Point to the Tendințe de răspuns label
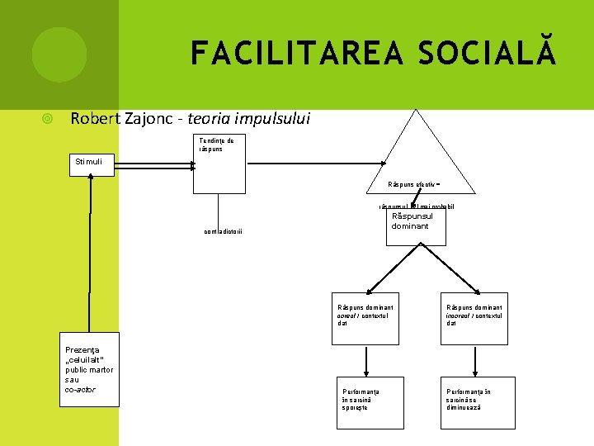(216, 145)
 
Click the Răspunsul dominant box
(416, 225)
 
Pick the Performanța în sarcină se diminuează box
(478, 401)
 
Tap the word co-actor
(80, 389)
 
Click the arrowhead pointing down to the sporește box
(365, 371)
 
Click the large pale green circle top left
(59, 55)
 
